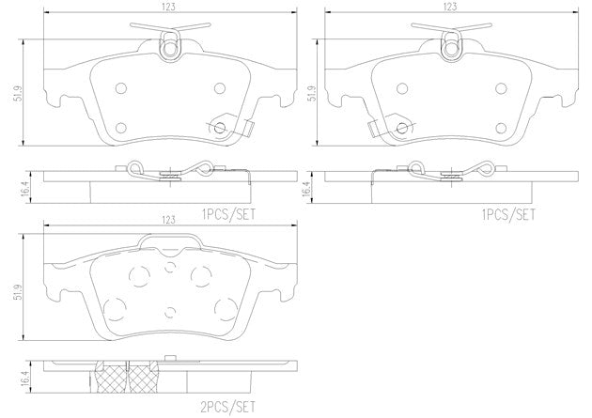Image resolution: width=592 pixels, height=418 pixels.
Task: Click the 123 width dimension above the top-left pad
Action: click(x=170, y=7)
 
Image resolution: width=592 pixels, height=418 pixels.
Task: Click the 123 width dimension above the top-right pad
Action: click(x=450, y=7)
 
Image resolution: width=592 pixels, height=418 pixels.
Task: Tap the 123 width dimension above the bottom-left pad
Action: click(x=169, y=220)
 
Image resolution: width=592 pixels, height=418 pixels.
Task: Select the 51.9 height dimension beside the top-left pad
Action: click(x=19, y=94)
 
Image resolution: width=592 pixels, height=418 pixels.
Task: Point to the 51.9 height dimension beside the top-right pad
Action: click(x=311, y=94)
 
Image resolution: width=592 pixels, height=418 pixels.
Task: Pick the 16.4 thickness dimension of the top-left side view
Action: click(x=25, y=188)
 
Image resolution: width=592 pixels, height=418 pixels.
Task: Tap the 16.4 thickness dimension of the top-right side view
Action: click(x=306, y=188)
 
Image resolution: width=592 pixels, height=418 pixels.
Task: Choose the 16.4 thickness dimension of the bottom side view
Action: click(x=25, y=378)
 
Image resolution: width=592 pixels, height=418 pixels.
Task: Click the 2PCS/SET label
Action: click(x=228, y=407)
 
